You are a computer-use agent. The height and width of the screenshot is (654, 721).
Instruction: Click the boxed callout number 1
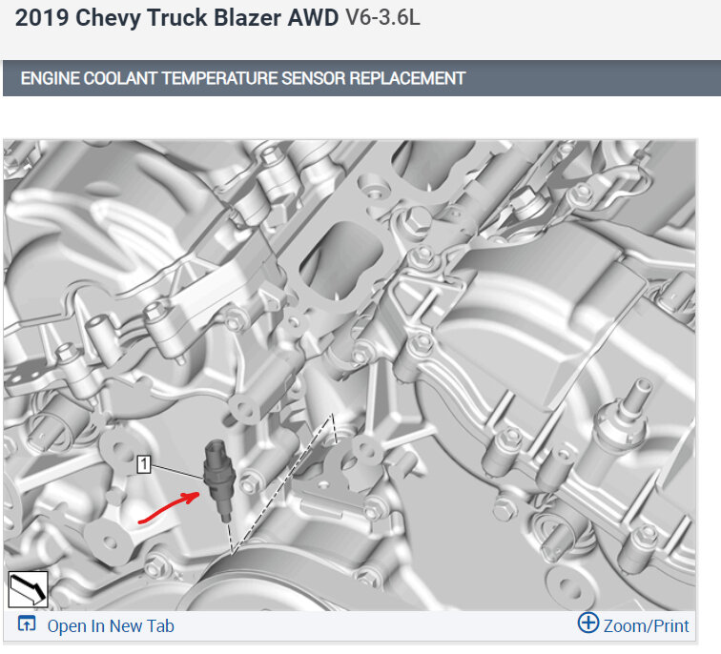[144, 464]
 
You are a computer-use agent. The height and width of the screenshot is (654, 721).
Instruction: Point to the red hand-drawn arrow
[168, 508]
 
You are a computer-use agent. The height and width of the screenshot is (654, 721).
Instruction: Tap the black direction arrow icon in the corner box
[28, 589]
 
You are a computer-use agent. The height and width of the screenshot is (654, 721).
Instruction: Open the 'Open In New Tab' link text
[111, 626]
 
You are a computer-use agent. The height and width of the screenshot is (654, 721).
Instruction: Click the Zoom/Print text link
[646, 626]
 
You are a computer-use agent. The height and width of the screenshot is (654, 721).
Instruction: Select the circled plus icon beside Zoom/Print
[588, 623]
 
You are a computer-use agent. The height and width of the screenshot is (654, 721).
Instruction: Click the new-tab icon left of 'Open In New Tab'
[26, 624]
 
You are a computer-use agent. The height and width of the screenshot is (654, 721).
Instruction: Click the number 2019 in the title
[41, 18]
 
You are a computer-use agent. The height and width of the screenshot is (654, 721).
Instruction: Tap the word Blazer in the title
[247, 18]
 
